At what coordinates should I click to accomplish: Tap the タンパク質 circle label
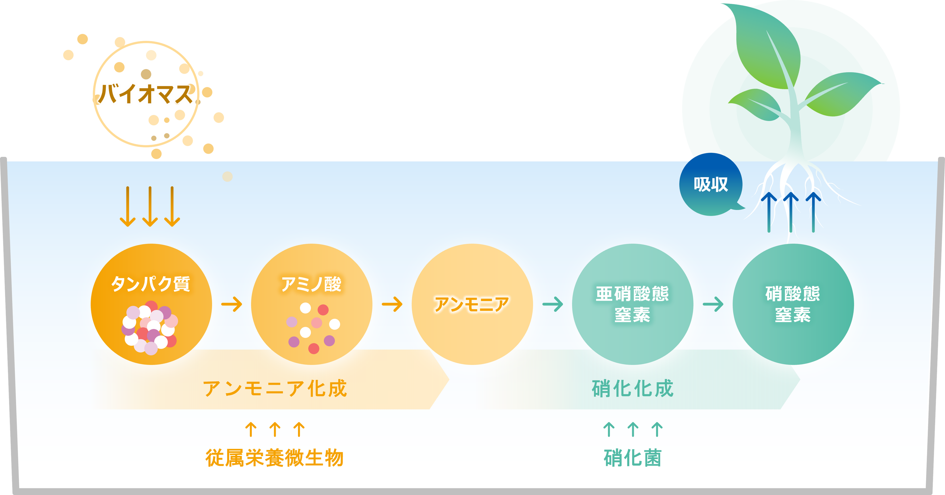pos(151,284)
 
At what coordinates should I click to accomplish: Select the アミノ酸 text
pos(311,284)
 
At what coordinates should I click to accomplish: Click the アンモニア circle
pos(472,304)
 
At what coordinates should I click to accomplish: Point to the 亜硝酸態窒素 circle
pos(632,304)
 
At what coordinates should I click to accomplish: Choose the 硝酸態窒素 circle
pos(793,304)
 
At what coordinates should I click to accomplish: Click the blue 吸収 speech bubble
pos(711,184)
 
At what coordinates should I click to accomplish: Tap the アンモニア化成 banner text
pos(275,388)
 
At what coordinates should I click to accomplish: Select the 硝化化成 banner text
pos(632,388)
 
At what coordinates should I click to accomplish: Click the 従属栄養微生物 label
pos(274,458)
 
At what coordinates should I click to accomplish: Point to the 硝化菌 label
pos(632,458)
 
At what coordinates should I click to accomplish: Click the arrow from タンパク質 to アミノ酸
pos(232,304)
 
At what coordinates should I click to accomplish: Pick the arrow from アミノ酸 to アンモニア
pos(392,304)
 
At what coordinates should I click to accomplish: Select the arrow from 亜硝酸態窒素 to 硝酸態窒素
pos(713,304)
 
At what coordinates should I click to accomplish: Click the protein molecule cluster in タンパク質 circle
pos(150,327)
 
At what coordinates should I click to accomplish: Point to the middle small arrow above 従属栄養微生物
pos(275,429)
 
